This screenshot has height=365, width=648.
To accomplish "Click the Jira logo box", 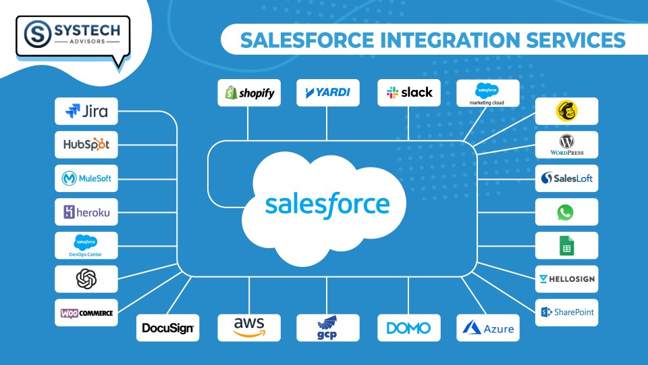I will [86, 111].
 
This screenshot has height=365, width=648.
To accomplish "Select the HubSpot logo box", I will [86, 145].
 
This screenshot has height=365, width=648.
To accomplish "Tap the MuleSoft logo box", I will [86, 178].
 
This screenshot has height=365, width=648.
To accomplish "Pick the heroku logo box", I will [86, 212].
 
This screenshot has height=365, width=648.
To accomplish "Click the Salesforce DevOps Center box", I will [86, 245].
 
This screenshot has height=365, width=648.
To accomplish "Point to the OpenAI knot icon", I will [86, 278].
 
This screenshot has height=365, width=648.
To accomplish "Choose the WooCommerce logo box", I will [86, 312].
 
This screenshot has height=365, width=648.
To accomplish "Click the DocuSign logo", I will [167, 328].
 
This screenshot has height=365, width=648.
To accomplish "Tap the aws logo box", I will [249, 327].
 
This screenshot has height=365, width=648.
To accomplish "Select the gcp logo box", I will [327, 327].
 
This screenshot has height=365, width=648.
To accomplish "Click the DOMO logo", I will [408, 328].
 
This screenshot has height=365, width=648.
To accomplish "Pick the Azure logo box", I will [488, 328].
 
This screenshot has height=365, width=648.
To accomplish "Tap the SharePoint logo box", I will [566, 312].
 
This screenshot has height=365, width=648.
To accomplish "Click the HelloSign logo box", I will [566, 278].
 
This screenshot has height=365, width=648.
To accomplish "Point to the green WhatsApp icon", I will [566, 212].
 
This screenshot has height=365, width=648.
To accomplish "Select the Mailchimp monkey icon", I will [566, 111].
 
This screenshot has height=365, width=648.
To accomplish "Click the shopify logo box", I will [249, 93].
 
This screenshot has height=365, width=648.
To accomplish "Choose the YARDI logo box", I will [327, 93].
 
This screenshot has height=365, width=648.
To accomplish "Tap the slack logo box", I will [408, 93].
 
